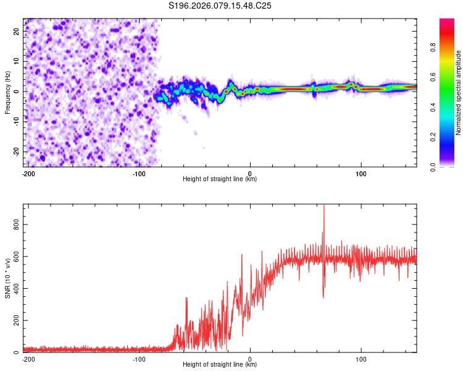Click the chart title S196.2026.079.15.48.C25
click(220, 6)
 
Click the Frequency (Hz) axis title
click(7, 92)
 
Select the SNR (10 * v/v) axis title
click(7, 278)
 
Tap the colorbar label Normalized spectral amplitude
click(459, 93)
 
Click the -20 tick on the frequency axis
click(17, 151)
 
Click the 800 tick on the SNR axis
click(17, 223)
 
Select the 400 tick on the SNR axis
click(17, 288)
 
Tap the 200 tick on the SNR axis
click(17, 320)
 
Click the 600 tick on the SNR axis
click(17, 255)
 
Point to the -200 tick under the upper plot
click(28, 173)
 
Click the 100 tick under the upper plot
click(361, 173)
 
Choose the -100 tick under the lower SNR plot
click(139, 359)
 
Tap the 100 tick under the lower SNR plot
click(361, 359)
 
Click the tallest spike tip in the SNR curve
click(323, 206)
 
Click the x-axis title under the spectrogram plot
click(220, 179)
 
